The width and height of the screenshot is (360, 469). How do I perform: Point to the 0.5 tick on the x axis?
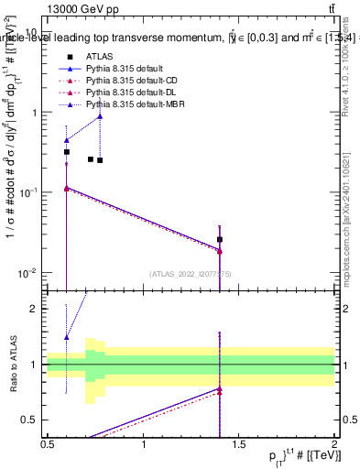(48, 445)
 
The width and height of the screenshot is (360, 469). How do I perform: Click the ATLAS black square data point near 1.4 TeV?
(220, 240)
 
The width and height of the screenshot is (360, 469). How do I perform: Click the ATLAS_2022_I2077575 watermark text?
(190, 274)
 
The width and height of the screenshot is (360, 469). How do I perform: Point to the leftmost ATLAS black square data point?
(67, 152)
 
